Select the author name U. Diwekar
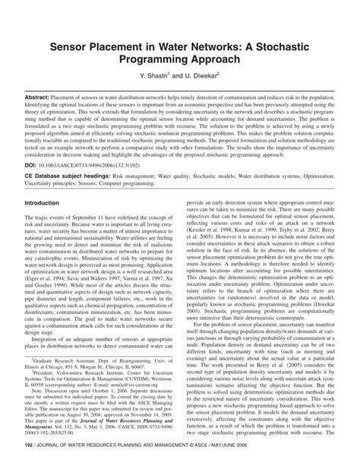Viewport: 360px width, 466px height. [x=201, y=77]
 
